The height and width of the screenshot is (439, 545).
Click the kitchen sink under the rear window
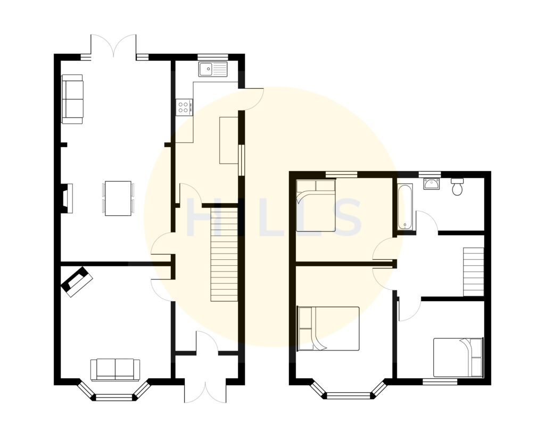212,69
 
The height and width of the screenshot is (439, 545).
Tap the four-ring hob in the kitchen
184,107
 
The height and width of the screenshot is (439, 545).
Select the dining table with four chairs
118,198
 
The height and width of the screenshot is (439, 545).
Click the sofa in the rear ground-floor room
72,99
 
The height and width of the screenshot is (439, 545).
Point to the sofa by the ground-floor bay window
115,369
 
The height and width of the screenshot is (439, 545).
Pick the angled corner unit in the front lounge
77,281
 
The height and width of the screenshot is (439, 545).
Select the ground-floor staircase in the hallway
224,254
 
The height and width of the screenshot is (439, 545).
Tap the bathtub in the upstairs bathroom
405,207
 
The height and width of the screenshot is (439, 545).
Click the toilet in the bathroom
457,187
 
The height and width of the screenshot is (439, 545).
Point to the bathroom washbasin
431,184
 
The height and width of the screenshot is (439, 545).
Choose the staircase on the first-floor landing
473,272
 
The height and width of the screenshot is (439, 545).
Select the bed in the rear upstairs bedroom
316,206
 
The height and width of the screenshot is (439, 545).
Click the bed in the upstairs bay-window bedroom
328,328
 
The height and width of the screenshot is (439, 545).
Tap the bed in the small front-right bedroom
458,357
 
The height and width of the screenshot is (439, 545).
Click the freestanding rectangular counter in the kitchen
228,140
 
